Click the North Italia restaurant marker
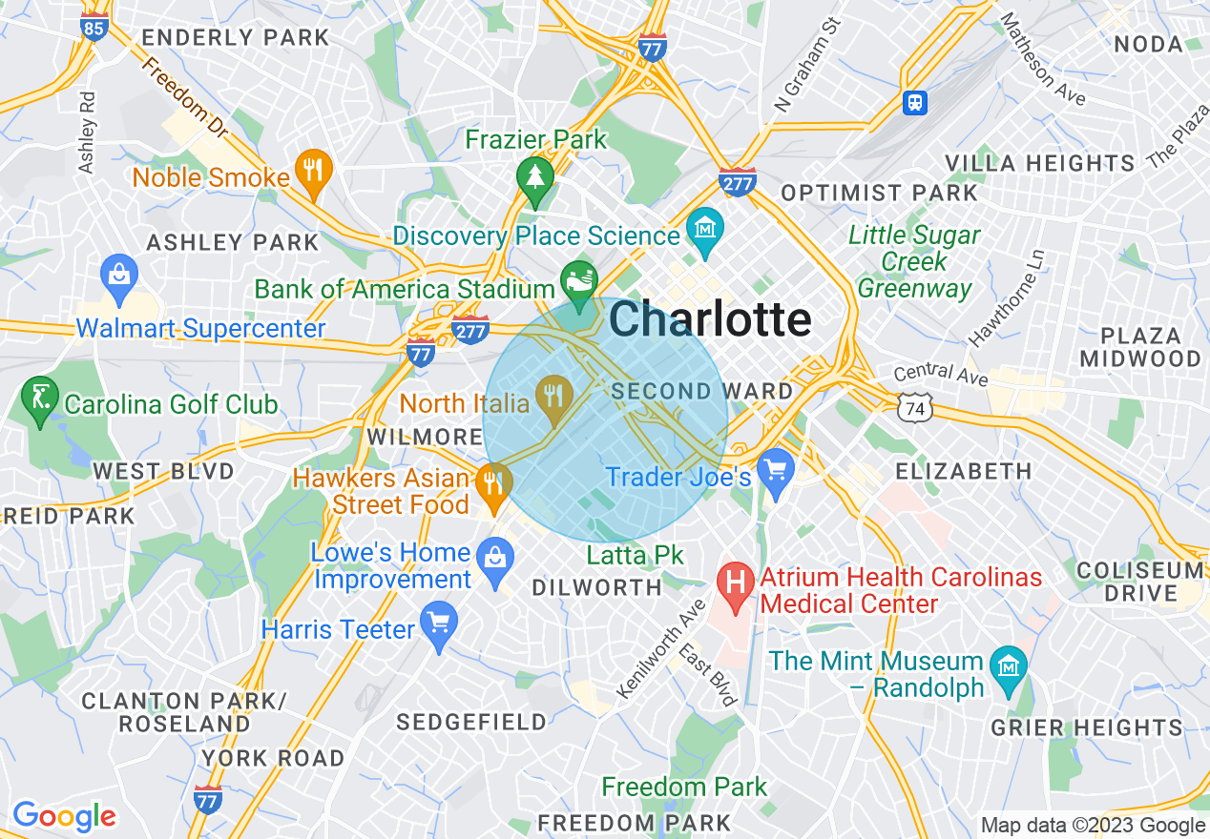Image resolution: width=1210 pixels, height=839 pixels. click(x=553, y=397)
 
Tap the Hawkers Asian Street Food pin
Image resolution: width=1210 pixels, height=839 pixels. click(x=493, y=483)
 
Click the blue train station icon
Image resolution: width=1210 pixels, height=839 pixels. click(x=915, y=102)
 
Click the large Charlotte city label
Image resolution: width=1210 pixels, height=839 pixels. click(x=710, y=319)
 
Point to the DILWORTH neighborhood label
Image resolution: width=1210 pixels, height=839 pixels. click(x=596, y=588)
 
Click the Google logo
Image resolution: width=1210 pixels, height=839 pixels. click(x=64, y=816)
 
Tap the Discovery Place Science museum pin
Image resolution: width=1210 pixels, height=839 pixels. click(x=705, y=232)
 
